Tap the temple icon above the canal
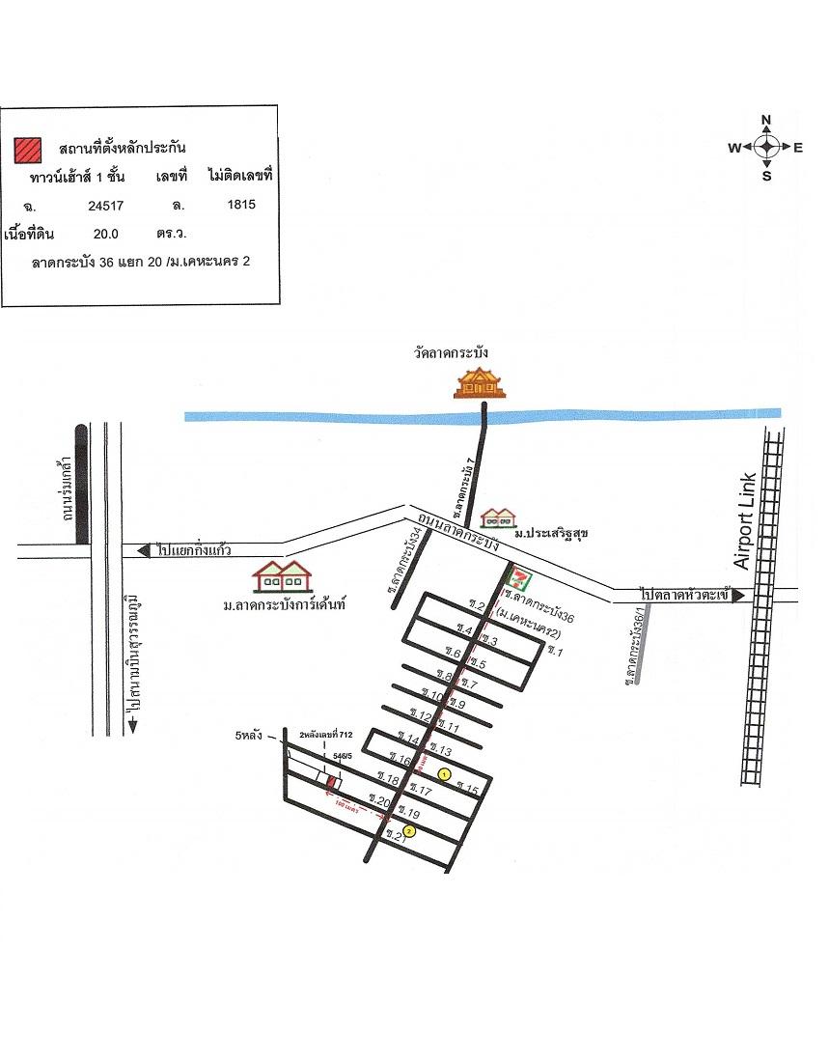pos(482,384)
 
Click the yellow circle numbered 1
pos(444,774)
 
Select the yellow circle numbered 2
pos(409,830)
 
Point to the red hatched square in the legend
pos(27,149)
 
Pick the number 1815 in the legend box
pos(240,205)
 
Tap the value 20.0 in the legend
pos(105,233)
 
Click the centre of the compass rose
pos(766,147)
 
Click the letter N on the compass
pos(766,121)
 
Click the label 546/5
pos(342,756)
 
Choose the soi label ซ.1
pos(554,652)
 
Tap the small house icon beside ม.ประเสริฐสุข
pos(499,517)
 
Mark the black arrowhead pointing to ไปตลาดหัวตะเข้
pos(739,596)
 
